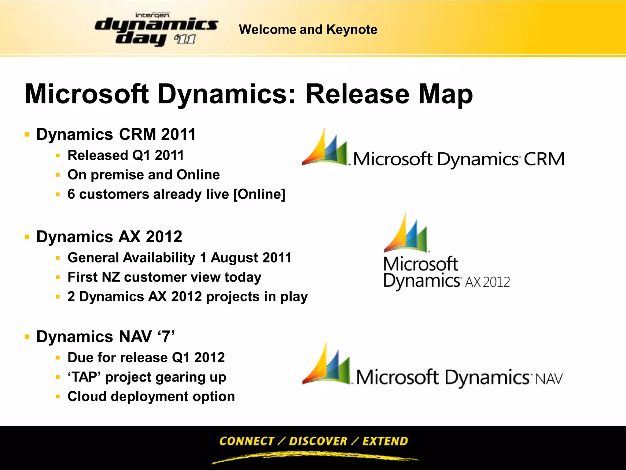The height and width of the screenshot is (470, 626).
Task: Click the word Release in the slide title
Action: [357, 94]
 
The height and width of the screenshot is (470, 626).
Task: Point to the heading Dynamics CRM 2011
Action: [116, 134]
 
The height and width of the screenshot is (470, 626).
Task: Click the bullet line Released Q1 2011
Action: [126, 155]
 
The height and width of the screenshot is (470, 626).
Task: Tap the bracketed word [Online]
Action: [259, 194]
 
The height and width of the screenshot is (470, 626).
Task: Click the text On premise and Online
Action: [144, 175]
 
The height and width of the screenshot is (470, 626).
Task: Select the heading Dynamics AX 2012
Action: [109, 237]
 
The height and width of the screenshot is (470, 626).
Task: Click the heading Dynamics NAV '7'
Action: [105, 337]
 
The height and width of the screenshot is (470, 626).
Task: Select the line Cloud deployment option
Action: [151, 397]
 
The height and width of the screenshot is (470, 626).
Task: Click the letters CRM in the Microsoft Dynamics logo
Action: [544, 159]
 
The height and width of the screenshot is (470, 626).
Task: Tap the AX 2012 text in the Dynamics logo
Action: [488, 282]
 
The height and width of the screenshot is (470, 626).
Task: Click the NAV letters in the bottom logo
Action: [549, 379]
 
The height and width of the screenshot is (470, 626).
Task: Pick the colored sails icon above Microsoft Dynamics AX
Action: [406, 234]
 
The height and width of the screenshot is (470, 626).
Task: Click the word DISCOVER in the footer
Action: [318, 441]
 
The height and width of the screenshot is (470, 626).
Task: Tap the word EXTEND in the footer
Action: [385, 441]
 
